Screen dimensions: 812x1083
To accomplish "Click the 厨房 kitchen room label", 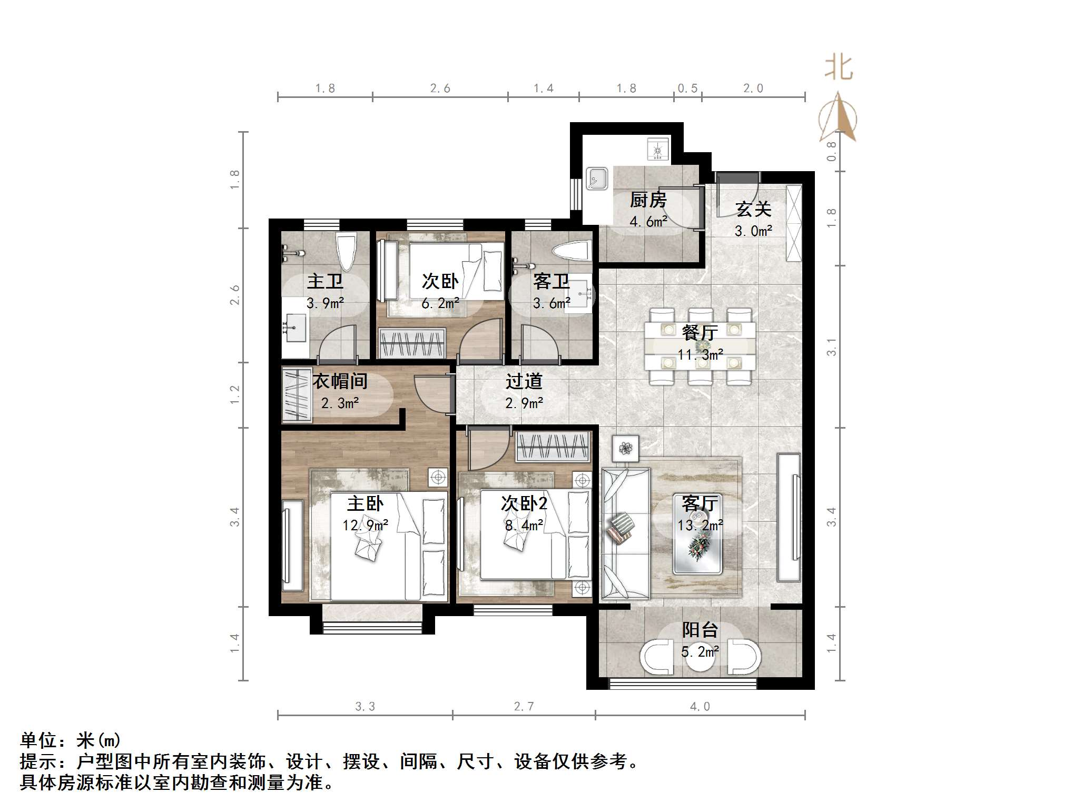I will [x=648, y=200].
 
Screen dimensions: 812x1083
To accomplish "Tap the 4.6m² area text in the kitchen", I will [x=648, y=222].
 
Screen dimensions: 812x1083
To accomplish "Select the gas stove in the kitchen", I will [x=658, y=148].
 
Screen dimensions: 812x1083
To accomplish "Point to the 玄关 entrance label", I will [x=753, y=209].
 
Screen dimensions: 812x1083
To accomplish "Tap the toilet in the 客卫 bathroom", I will [x=571, y=251].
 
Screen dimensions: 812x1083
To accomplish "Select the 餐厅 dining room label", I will [x=700, y=333].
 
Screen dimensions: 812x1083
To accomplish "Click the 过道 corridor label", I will [x=524, y=381].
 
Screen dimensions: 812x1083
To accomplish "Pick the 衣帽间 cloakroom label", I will [x=340, y=381].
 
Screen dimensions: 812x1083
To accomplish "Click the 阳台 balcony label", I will [x=700, y=630].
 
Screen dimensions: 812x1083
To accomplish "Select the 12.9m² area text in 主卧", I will [x=365, y=525].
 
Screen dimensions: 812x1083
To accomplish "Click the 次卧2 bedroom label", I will [x=524, y=503].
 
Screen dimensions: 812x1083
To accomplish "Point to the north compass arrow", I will [x=838, y=118].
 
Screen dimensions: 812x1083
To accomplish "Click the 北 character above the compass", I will [x=839, y=68].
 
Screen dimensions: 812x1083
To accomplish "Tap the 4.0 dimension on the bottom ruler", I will [x=700, y=707].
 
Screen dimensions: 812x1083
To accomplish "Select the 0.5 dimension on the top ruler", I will [x=687, y=88].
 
